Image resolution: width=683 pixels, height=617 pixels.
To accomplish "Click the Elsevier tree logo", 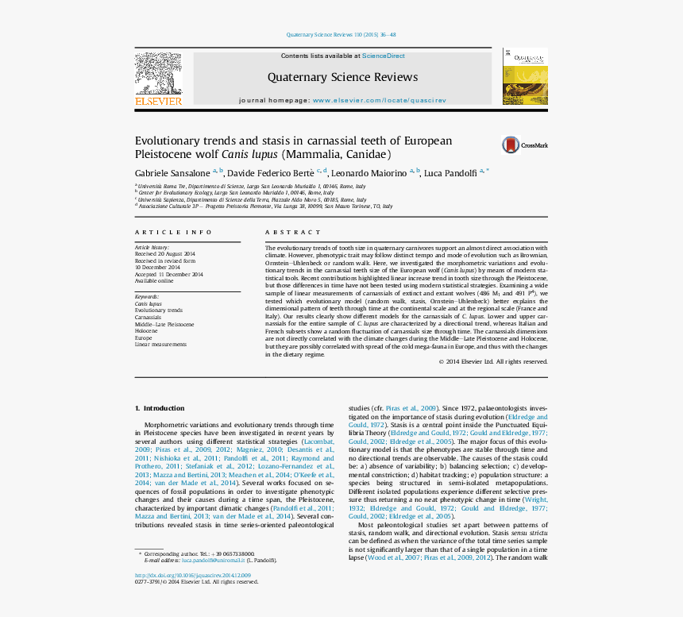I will (158, 75).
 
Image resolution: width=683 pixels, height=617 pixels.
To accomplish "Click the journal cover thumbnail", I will (524, 76).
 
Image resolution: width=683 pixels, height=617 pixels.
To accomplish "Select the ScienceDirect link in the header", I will (383, 56).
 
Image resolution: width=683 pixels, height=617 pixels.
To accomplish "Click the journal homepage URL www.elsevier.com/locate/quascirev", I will (379, 101).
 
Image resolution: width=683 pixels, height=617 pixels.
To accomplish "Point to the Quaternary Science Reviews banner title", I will (342, 77).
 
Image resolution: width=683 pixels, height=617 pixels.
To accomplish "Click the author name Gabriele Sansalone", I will (172, 173).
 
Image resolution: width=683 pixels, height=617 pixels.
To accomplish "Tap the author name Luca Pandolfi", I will (450, 173).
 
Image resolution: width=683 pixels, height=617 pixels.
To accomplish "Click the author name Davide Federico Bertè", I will (272, 173).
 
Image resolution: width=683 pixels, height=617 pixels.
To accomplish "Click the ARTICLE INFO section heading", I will (173, 232).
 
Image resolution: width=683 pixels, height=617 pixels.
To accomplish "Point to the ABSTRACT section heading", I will (282, 232).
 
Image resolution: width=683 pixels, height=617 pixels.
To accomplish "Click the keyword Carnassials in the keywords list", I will (148, 318).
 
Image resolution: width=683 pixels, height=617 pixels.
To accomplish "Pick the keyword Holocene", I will (146, 331).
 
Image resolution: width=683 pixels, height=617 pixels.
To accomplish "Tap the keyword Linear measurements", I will (160, 345).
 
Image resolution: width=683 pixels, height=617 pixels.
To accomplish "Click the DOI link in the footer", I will (192, 575).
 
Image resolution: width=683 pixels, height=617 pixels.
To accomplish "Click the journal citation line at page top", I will (341, 35).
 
